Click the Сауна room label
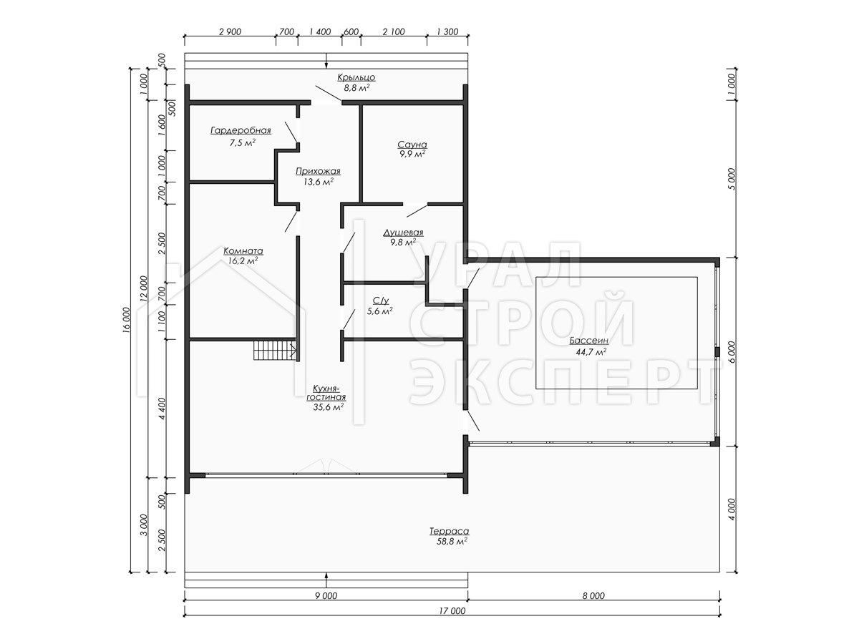(x=412, y=145)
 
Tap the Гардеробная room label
(x=241, y=130)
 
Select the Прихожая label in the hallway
(x=318, y=171)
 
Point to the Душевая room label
(x=403, y=233)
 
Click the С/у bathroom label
(x=380, y=301)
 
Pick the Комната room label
(x=243, y=250)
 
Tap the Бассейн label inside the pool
(x=589, y=341)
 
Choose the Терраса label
(x=450, y=532)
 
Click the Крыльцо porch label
(x=356, y=77)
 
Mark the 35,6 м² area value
(x=329, y=407)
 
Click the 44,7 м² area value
(x=591, y=352)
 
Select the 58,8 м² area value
(x=452, y=542)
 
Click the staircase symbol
(x=275, y=351)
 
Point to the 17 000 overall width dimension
(x=452, y=611)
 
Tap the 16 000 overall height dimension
(x=126, y=320)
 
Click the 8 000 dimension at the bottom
(x=593, y=595)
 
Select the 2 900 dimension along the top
(x=230, y=31)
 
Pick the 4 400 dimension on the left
(x=162, y=409)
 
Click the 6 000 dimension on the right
(x=732, y=352)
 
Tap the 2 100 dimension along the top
(x=394, y=31)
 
